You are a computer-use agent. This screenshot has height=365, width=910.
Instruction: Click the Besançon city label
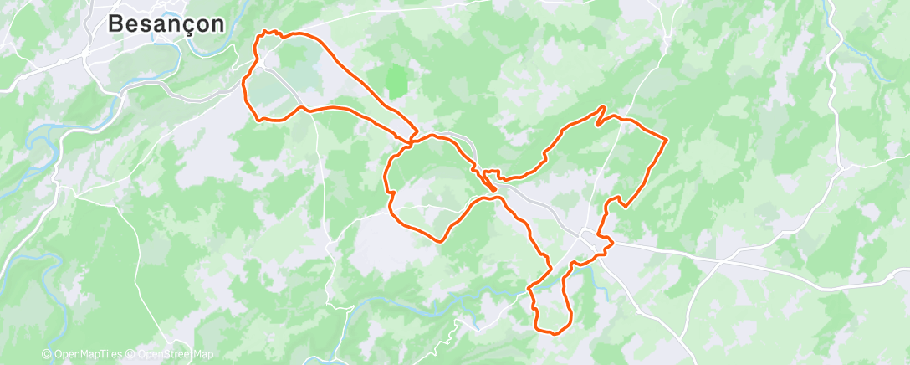[167, 24]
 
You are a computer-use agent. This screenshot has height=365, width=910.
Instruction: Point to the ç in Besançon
[185, 25]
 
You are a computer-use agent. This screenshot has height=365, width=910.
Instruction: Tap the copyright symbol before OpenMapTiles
[47, 354]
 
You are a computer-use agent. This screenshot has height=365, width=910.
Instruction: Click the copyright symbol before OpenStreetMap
[132, 354]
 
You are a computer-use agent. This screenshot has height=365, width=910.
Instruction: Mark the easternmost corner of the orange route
[666, 138]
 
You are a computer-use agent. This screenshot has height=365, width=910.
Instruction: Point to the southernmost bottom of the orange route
[552, 332]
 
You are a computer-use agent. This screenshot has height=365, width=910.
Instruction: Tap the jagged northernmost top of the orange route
[268, 32]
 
